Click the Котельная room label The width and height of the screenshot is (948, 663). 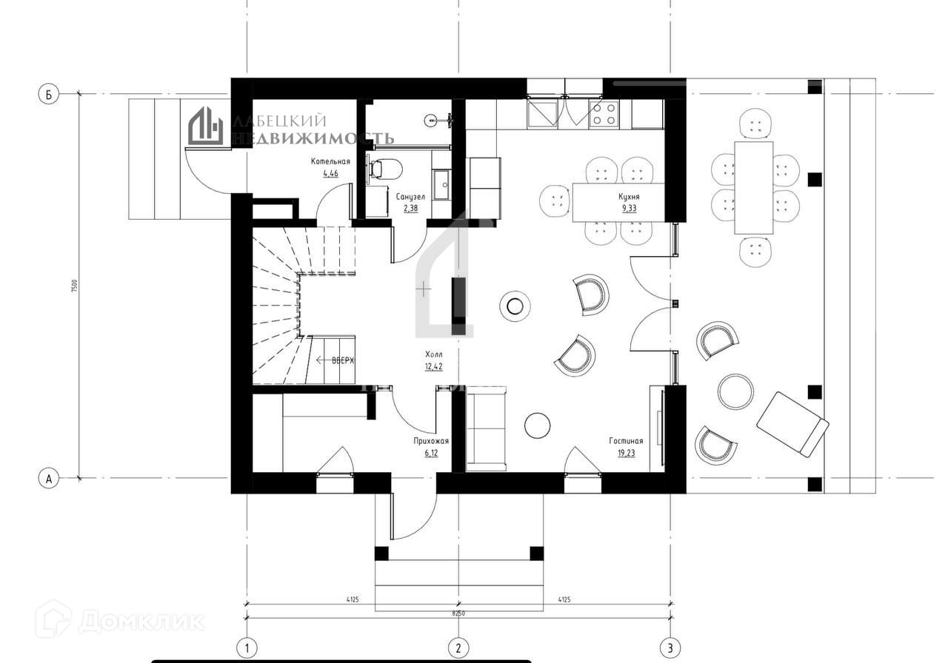tap(330, 161)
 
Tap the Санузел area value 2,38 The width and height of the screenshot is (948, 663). tap(410, 209)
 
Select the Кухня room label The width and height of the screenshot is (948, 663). tap(629, 198)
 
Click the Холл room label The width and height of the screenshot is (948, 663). tap(434, 354)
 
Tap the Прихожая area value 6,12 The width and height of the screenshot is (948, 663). tap(431, 452)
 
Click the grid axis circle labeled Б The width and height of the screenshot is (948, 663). tap(49, 94)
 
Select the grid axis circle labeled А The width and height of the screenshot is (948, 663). tap(49, 479)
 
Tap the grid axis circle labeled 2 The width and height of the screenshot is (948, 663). tap(458, 648)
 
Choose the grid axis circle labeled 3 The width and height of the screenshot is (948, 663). tap(671, 648)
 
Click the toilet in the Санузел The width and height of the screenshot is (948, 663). tap(384, 169)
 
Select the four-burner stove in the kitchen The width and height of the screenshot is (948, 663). tap(604, 114)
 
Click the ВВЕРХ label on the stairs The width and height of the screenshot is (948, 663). tap(343, 360)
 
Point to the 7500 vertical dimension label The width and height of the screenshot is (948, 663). tap(74, 287)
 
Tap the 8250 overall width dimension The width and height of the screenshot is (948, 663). tap(458, 613)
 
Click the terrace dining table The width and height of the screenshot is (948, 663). tap(754, 188)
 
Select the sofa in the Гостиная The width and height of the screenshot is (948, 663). tap(487, 428)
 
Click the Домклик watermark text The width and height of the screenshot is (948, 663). tap(141, 620)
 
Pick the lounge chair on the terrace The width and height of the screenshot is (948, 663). tap(792, 423)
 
